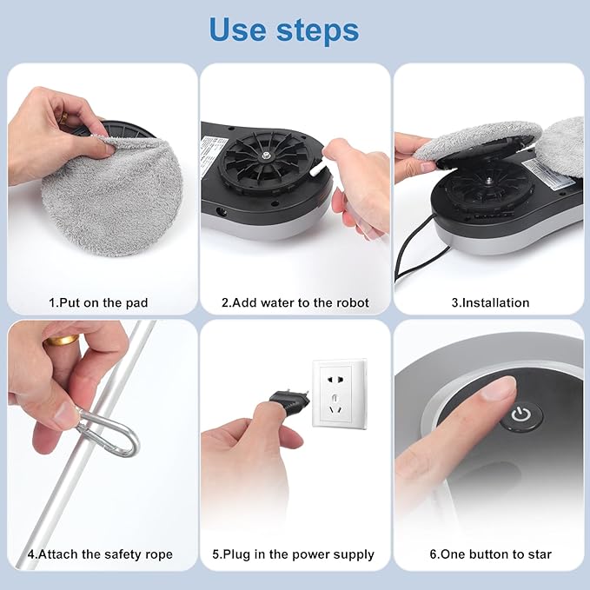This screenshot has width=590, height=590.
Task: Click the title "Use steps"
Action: tap(284, 30)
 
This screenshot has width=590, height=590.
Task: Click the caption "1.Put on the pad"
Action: tap(98, 302)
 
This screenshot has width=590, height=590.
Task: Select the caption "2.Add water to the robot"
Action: tap(295, 302)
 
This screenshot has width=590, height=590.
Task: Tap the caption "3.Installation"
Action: tap(490, 302)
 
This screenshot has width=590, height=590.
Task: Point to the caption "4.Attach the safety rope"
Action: tap(100, 554)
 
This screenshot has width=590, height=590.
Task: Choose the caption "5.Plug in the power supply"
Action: tap(294, 554)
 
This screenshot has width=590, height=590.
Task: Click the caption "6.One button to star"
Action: tap(490, 554)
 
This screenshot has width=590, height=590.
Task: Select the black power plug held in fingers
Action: tap(286, 401)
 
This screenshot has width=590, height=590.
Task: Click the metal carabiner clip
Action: tap(109, 434)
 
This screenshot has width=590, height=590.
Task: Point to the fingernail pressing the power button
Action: tap(499, 390)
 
